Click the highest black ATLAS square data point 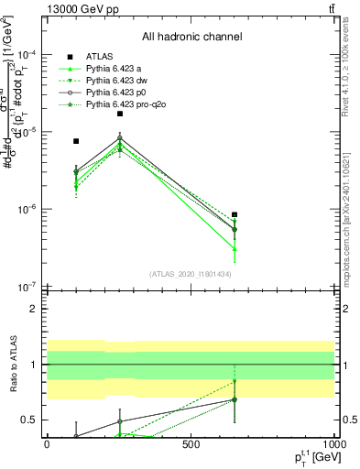120,114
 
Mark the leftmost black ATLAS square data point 76,141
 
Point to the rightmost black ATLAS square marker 235,215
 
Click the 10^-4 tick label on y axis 29,54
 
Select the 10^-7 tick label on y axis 29,286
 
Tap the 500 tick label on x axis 191,443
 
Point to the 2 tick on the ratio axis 35,309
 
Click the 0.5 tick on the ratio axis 31,420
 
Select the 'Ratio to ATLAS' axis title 12,364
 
